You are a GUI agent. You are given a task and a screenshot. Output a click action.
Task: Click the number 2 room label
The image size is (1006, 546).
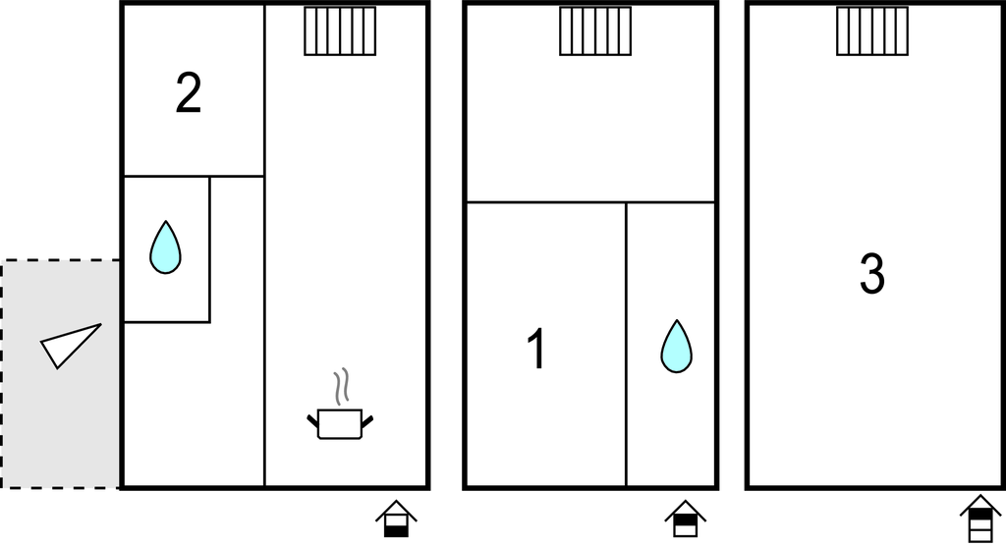189,93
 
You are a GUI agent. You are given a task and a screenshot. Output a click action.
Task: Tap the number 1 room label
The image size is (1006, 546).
536,349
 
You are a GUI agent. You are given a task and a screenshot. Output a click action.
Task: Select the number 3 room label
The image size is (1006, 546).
872,274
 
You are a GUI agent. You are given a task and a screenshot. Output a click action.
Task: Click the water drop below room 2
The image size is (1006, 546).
165,247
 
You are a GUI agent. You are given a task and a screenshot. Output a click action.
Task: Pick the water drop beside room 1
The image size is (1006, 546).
676,347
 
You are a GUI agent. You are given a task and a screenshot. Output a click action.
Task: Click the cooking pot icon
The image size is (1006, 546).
340,423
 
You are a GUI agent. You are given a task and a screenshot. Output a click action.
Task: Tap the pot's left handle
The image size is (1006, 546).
312,421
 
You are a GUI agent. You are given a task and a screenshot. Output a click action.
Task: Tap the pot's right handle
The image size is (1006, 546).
367,421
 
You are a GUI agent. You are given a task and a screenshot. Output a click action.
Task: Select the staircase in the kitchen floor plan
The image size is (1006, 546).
340,30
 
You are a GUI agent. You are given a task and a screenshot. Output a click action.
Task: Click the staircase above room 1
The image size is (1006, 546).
595,30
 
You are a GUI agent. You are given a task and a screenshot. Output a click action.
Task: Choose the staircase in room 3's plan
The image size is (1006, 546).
872,30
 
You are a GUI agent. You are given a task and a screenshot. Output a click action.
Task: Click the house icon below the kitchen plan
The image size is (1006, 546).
397,519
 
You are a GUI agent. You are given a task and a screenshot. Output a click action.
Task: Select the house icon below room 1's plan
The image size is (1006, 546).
685,519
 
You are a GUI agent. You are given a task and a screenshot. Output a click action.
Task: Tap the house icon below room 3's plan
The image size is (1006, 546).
981,519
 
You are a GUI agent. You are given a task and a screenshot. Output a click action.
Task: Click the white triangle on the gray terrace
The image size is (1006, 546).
68,346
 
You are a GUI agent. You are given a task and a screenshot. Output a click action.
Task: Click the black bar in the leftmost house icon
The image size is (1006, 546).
397,531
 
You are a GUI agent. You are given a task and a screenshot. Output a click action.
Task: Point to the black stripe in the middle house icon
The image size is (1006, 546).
685,519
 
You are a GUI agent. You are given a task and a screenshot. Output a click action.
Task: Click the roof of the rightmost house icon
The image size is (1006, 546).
981,504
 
